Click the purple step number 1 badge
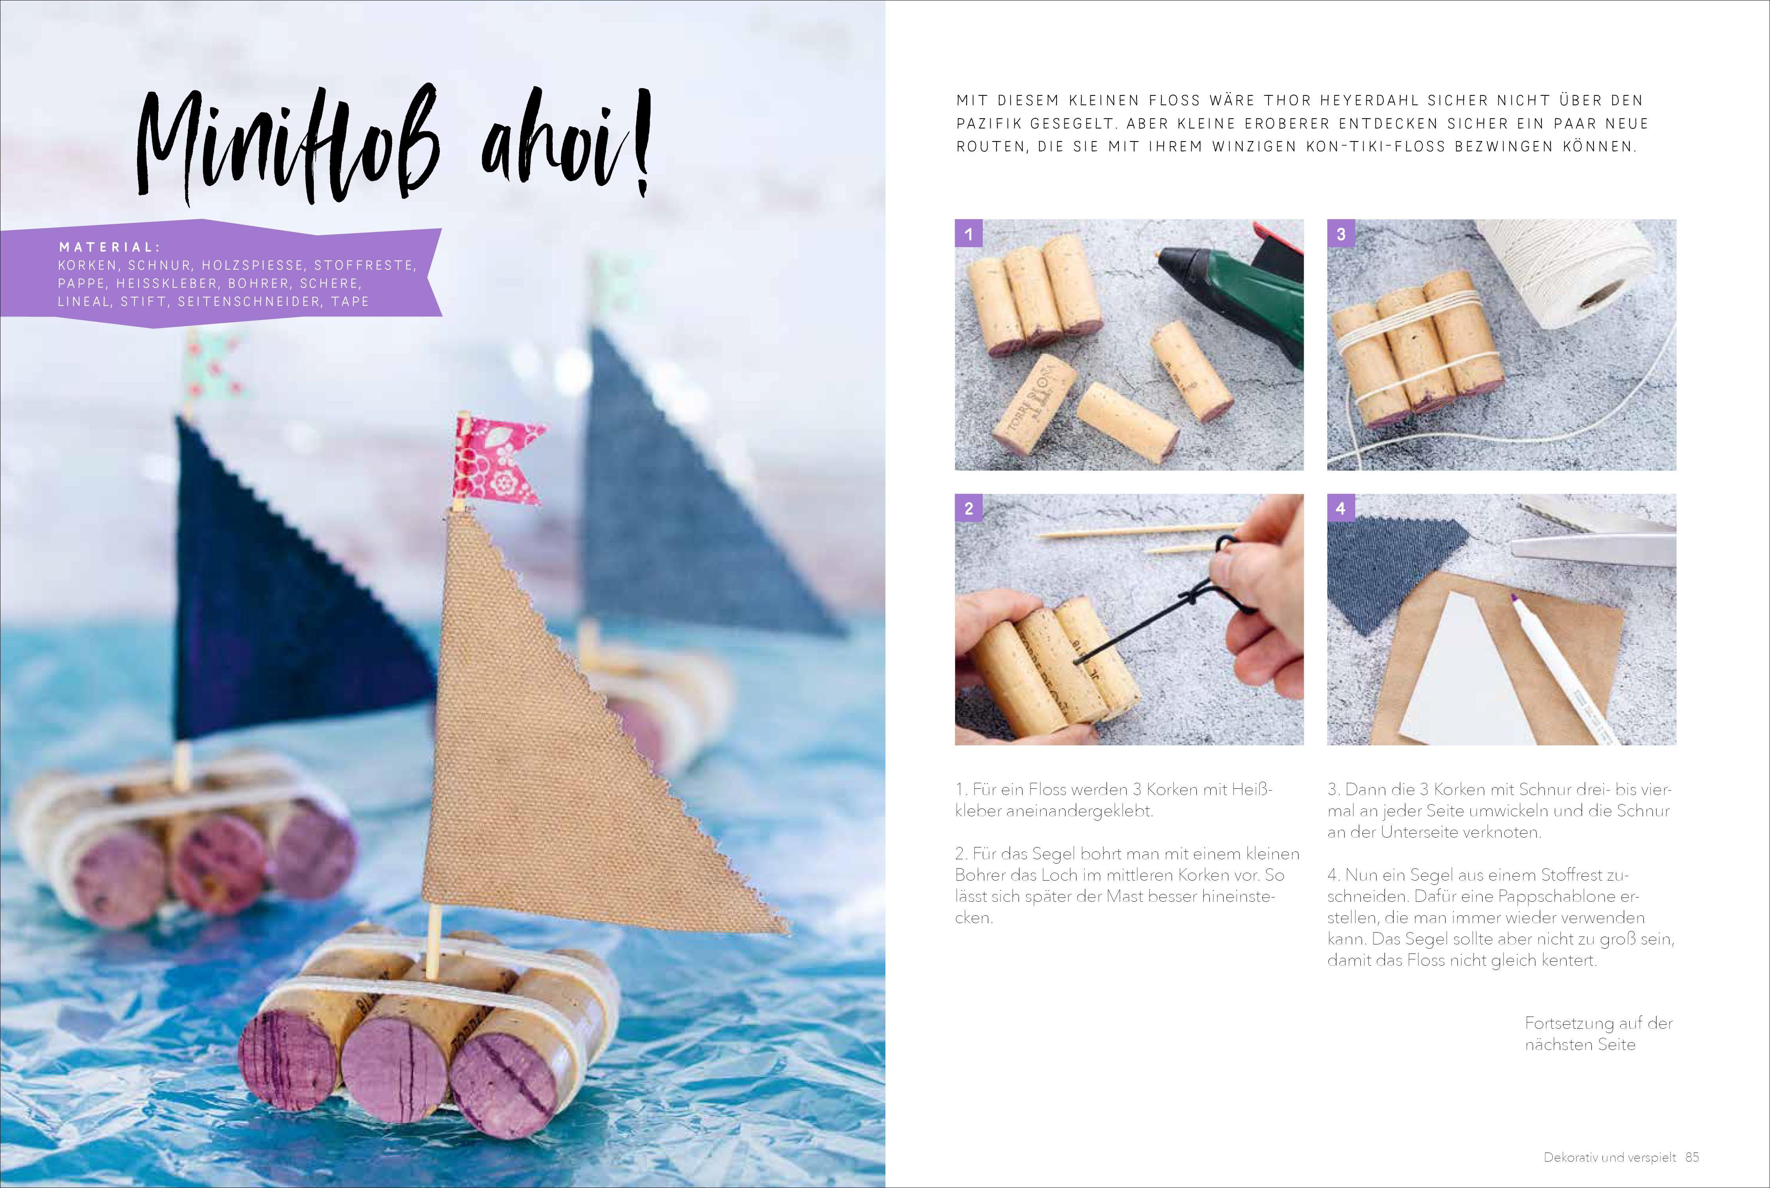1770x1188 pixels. [968, 233]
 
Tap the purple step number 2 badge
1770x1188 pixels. [968, 508]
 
